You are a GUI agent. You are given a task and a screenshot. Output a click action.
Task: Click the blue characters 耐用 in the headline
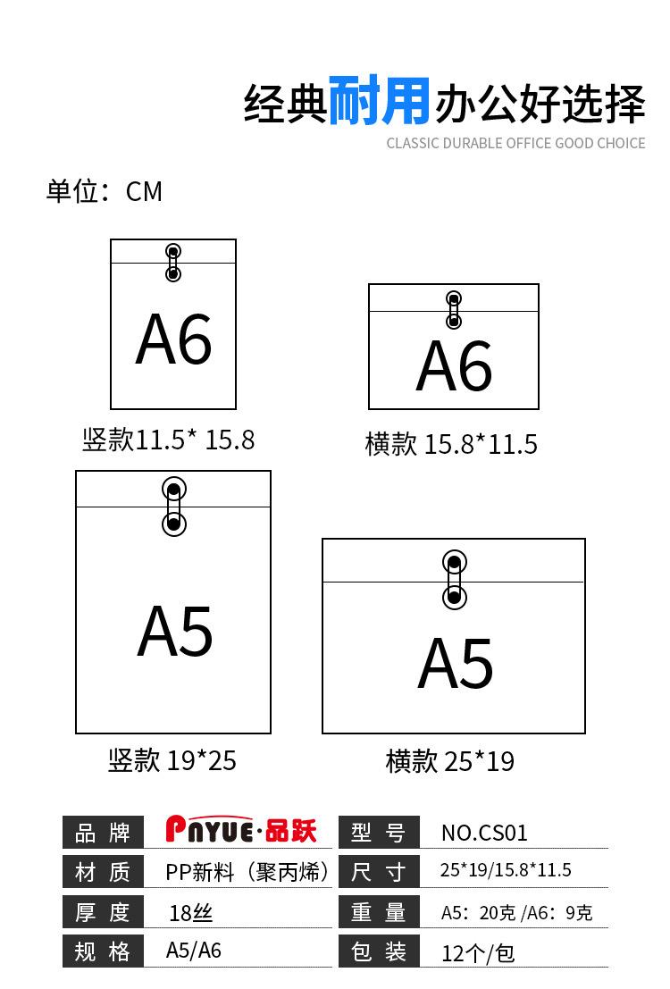380,101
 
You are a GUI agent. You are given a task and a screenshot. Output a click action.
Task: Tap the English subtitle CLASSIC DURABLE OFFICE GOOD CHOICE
515,143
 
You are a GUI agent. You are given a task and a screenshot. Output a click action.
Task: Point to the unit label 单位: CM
105,191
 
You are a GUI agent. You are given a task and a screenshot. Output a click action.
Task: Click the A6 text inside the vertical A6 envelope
173,340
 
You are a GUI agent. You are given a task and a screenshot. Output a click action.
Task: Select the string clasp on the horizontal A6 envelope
454,309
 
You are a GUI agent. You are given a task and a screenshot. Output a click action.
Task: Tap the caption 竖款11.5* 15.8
169,440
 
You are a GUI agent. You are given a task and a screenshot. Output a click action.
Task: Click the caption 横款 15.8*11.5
451,444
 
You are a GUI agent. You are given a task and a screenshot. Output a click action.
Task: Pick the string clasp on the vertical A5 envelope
174,507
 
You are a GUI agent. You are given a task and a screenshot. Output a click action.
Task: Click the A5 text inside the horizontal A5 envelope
456,664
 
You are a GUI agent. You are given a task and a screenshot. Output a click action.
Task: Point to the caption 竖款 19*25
172,760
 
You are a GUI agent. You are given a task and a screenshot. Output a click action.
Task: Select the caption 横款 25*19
450,761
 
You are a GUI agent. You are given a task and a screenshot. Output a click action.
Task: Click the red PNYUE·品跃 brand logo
241,831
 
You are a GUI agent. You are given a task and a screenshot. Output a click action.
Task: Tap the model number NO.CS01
484,833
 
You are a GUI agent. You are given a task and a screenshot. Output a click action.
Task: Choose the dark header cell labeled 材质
103,872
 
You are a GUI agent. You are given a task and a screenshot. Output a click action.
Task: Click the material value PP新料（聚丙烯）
247,872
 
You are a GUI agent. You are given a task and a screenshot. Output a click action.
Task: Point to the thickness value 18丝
191,912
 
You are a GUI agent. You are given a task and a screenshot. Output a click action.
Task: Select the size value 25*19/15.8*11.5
506,870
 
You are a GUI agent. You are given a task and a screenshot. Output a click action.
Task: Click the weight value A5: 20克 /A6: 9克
516,912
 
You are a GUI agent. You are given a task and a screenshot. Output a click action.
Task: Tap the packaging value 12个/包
478,952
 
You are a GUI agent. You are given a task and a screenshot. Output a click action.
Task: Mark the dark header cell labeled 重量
379,912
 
